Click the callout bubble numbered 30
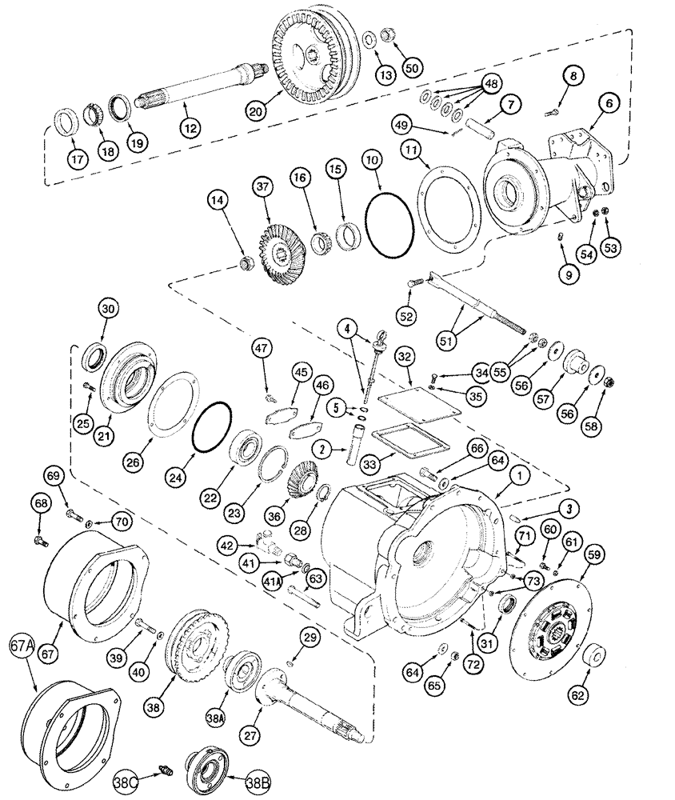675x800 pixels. pyautogui.click(x=109, y=311)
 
